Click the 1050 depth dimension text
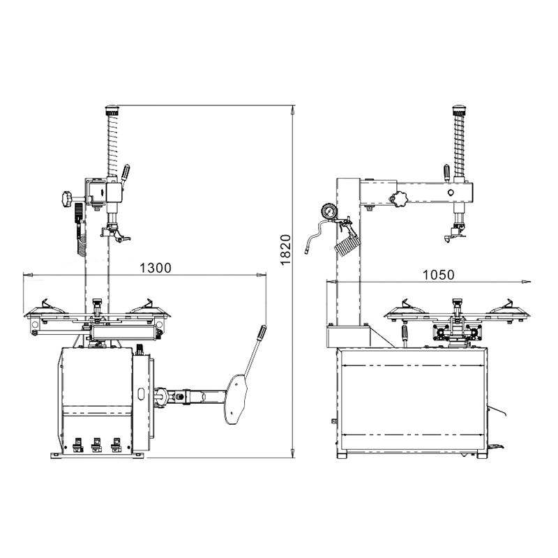pos(438,274)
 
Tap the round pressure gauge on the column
pos(328,211)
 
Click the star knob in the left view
pos(66,198)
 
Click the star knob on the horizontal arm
pos(399,200)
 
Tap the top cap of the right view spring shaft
pos(458,110)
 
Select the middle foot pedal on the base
pos(96,444)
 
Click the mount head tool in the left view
pos(119,236)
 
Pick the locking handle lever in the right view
pos(447,172)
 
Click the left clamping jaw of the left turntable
pos(46,304)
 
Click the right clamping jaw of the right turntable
pos(510,304)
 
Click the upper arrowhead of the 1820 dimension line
pos(294,109)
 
